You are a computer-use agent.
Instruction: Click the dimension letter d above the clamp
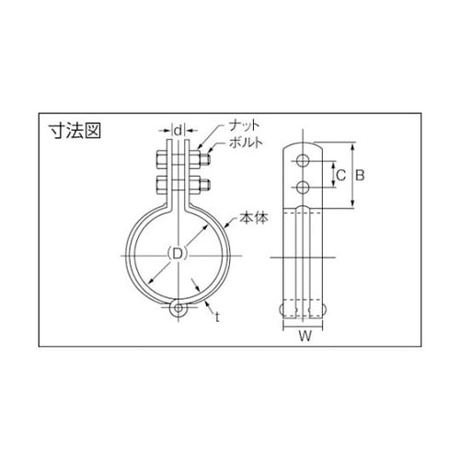click(x=178, y=130)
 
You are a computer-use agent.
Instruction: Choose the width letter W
click(x=303, y=349)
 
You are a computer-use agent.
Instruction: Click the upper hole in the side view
click(x=303, y=161)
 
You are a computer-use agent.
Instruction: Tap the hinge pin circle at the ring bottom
click(x=177, y=308)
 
